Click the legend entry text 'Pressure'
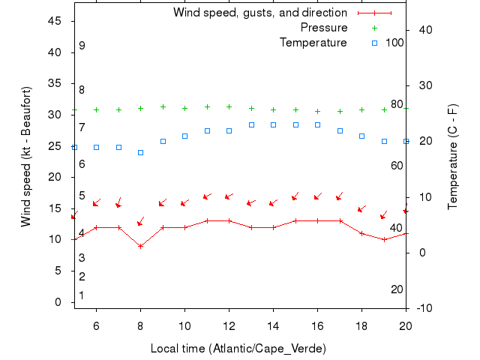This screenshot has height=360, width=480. pos(323,28)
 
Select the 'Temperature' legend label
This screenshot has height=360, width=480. pos(313,43)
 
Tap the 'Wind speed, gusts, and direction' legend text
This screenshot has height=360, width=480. pos(259,13)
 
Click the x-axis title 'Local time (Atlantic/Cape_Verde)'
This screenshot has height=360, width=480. pos(238,349)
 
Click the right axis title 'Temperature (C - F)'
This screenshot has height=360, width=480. pos(453,156)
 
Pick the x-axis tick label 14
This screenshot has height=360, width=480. pos(273,325)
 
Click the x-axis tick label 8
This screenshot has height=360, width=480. pos(140,325)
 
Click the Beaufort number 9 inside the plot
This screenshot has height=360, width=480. pos(82,46)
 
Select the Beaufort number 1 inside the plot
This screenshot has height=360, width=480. pos(82,295)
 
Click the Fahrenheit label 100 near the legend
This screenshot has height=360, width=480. pos(394,43)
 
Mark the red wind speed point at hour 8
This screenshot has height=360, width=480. pos(140,246)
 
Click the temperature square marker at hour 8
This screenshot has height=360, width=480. pos(140,152)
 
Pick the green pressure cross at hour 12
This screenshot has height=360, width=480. pos(229,106)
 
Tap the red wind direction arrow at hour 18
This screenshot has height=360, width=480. pos(361,209)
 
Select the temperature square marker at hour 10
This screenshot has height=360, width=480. pos(184,136)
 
